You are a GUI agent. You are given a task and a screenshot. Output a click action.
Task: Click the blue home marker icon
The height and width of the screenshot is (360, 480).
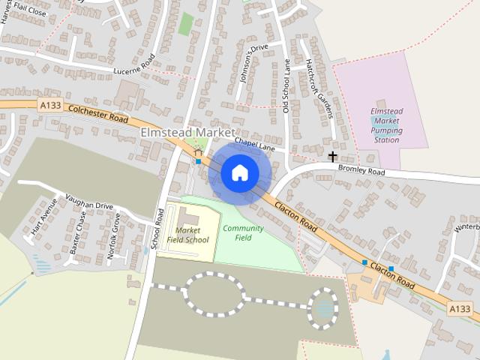[x=239, y=172]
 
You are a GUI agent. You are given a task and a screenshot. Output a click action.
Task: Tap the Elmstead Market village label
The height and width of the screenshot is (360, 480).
[x=187, y=132]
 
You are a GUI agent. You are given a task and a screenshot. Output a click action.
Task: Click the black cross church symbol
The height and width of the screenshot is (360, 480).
[x=332, y=156]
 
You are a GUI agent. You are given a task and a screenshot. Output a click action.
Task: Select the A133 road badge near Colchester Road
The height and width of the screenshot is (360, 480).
[x=50, y=107]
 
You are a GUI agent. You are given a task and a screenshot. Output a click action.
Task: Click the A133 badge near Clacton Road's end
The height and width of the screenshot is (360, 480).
[x=460, y=308]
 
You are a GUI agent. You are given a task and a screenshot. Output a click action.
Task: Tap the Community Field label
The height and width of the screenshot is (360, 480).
[x=243, y=232]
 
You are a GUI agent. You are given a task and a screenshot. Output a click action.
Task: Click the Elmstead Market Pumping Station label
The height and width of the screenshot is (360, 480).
[x=386, y=125]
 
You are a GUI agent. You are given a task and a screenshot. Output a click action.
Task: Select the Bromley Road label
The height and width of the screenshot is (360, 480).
[x=361, y=172]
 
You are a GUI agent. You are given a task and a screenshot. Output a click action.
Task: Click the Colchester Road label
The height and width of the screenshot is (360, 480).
[x=97, y=114]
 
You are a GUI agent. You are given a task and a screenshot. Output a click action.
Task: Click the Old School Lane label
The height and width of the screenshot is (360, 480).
[x=286, y=87]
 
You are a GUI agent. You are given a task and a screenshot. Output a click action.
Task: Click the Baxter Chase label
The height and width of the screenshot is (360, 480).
[x=78, y=232]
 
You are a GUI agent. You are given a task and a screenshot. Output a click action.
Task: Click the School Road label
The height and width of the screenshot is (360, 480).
[x=157, y=229]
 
